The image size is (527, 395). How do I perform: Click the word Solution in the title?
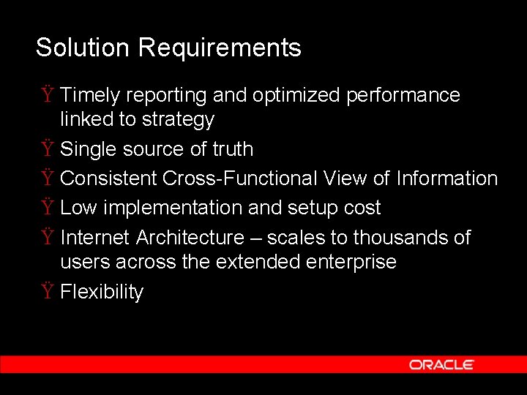coord(83,48)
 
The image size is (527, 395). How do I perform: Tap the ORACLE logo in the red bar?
coord(441,364)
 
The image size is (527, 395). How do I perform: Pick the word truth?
coord(233,149)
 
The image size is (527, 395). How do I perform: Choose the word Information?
coord(446,178)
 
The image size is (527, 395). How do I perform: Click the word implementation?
coord(173,208)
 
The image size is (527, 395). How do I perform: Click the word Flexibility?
coord(102,292)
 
